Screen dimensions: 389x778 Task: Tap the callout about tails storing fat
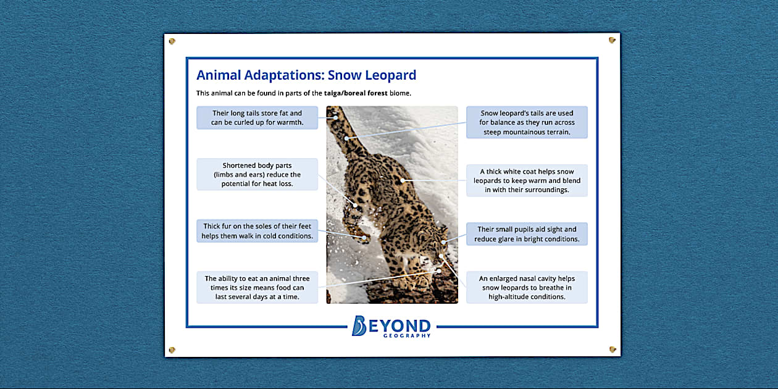click(257, 117)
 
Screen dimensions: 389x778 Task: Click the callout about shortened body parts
click(257, 174)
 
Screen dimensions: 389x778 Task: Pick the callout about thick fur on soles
click(257, 231)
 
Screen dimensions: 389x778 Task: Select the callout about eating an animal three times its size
click(257, 287)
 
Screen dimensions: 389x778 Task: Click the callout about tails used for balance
click(527, 122)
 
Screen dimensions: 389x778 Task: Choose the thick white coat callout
click(527, 180)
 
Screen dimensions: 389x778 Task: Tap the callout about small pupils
click(527, 234)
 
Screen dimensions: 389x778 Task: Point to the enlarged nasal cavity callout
click(527, 287)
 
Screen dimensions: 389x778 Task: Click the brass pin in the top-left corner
click(172, 41)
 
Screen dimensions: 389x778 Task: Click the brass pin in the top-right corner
click(612, 40)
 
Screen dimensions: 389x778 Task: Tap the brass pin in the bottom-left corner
click(172, 350)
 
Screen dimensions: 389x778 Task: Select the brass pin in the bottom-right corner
click(612, 349)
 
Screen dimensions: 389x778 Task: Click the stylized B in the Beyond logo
click(359, 325)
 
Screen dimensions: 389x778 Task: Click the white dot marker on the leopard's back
click(403, 180)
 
